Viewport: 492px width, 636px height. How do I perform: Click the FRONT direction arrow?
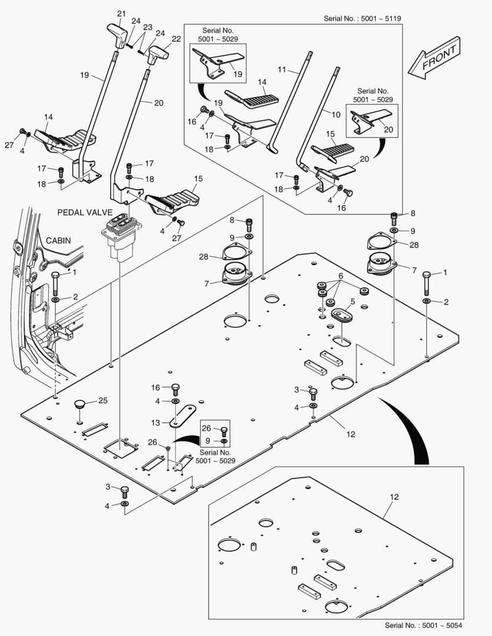point(435,59)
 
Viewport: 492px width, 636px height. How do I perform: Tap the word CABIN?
point(59,240)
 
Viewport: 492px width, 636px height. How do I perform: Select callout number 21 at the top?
point(121,14)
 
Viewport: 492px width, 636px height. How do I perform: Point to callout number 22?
point(176,39)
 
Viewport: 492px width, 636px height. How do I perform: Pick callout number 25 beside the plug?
point(103,400)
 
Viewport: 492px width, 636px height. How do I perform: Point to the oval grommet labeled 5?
point(341,314)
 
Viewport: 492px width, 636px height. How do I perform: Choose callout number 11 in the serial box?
point(282,69)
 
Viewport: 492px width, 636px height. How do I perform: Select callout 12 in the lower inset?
point(394,497)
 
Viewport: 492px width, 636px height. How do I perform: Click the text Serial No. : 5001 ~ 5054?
point(423,625)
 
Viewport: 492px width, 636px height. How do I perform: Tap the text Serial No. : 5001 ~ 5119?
point(362,18)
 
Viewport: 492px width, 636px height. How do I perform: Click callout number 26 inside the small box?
point(206,428)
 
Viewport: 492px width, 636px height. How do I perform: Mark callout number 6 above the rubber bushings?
point(340,276)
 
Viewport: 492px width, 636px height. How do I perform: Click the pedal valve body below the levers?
point(121,236)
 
